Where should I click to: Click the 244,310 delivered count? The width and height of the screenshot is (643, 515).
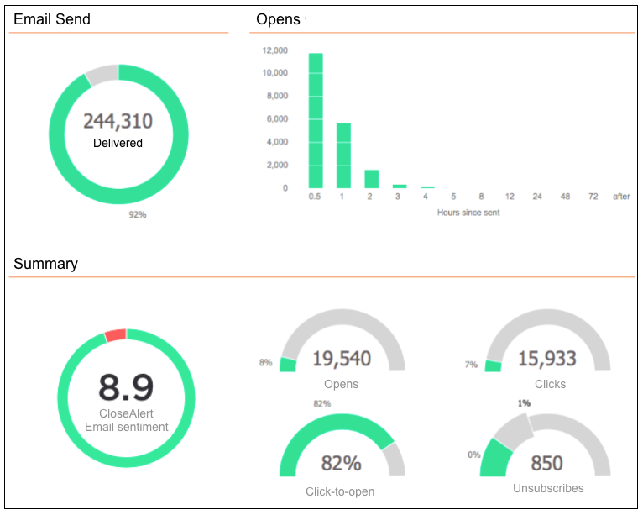(x=118, y=122)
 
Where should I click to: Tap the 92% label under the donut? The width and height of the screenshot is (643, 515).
(x=138, y=215)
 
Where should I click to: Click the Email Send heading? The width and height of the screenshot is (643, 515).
(x=52, y=19)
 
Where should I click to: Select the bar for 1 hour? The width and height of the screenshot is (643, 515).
(x=343, y=155)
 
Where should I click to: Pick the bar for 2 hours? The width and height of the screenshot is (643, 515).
(x=371, y=179)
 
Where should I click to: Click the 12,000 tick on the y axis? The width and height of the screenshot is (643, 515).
(x=275, y=50)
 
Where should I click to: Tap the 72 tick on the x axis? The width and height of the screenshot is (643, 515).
(x=593, y=197)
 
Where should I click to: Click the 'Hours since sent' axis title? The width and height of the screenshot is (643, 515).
(x=468, y=213)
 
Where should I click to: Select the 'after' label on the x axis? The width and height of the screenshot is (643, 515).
(x=621, y=197)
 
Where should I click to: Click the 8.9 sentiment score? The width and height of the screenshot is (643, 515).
(x=126, y=387)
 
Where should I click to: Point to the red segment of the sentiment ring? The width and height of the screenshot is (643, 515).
(x=115, y=335)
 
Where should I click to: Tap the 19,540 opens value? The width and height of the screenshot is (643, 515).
(x=342, y=360)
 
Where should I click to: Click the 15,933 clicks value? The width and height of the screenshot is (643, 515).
(x=547, y=360)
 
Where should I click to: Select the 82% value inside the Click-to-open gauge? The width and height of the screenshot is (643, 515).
(x=342, y=464)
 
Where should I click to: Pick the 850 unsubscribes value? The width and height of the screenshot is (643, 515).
(x=547, y=464)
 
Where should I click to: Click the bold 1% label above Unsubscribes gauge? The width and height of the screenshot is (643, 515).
(x=524, y=403)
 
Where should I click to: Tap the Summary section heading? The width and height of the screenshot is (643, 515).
(x=45, y=264)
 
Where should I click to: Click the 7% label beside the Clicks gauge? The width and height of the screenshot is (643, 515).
(x=471, y=365)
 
